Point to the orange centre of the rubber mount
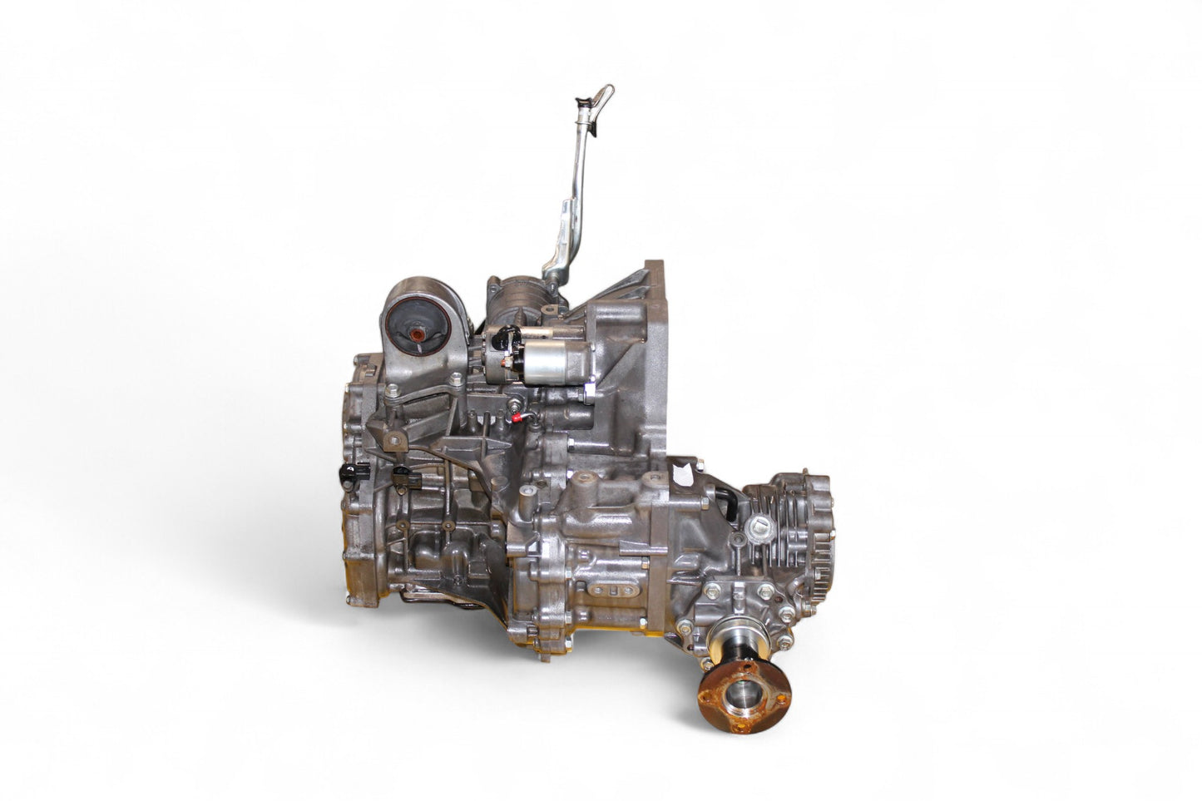[415, 334]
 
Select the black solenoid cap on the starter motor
[505, 339]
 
